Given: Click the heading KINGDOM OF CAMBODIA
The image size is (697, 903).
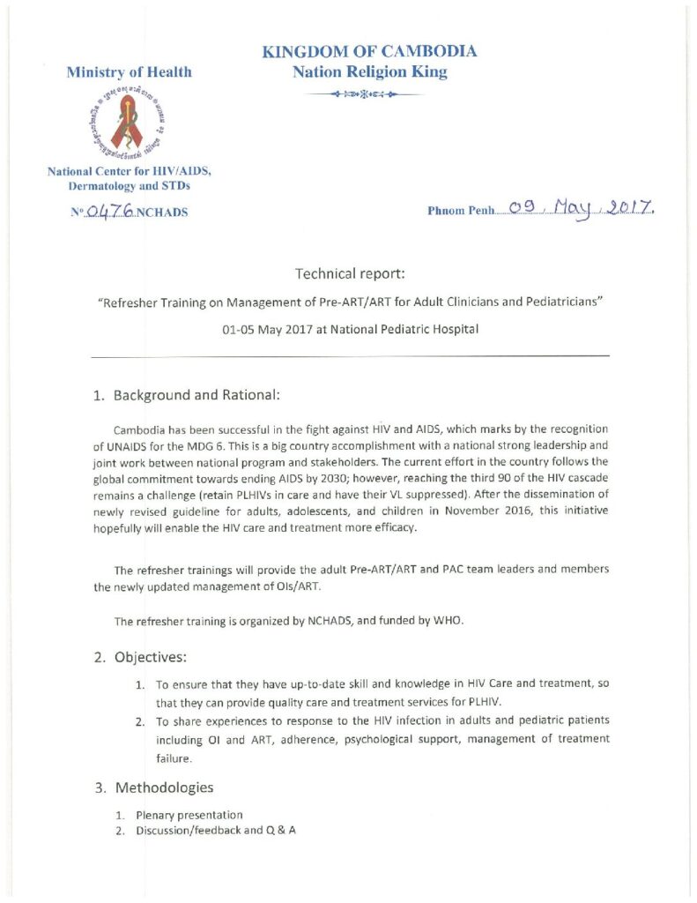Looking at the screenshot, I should point(370,51).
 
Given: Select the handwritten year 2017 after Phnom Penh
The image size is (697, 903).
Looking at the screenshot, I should point(632,210).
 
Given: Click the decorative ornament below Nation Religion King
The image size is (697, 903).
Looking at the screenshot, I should point(370,93).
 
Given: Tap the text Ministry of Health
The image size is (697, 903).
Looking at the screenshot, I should point(130,72).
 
